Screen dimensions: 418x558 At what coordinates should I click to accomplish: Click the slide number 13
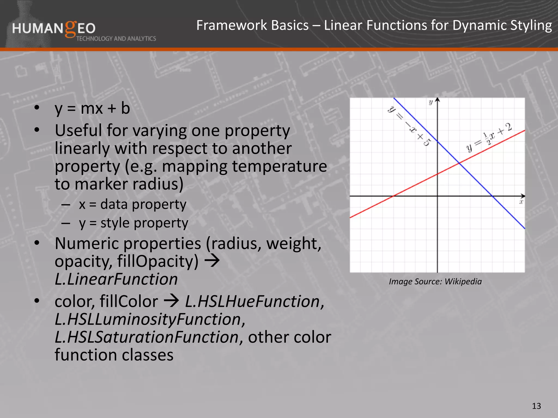(536, 406)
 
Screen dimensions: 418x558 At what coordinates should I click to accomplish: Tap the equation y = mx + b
(92, 108)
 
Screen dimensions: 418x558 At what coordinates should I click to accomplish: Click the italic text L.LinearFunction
(116, 279)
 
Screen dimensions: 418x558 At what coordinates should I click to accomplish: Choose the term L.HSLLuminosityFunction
(150, 319)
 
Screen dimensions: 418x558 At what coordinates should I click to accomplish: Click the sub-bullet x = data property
(132, 204)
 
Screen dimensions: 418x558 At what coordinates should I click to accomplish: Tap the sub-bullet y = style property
(134, 223)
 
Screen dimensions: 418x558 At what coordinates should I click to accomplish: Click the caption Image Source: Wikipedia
(435, 281)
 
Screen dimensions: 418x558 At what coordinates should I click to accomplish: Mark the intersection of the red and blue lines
(459, 163)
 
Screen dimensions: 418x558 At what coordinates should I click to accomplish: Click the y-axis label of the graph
(430, 102)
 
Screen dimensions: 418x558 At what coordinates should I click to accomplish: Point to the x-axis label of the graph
(521, 202)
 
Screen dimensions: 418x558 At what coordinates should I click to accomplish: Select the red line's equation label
(489, 137)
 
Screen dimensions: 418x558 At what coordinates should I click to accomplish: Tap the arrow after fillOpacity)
(212, 261)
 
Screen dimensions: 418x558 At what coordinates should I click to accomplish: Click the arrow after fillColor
(171, 301)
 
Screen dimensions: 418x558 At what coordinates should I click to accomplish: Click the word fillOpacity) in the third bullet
(158, 261)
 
